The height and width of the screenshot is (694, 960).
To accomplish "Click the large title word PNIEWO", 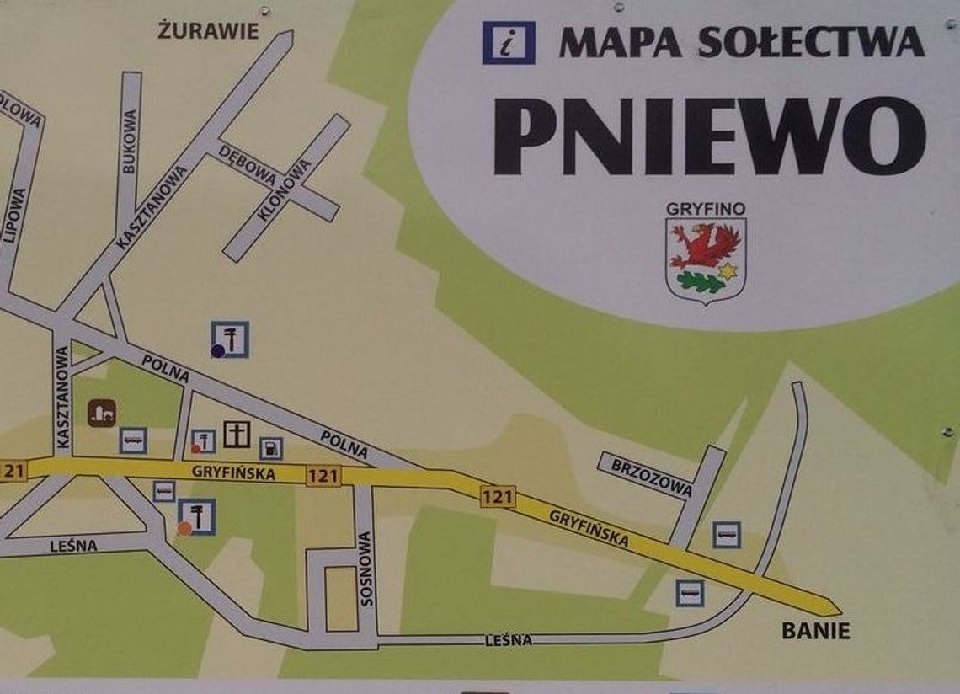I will [709, 135].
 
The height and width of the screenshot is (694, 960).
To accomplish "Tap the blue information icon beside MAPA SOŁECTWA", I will [508, 43].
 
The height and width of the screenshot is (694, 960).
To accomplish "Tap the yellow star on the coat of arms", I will [727, 271].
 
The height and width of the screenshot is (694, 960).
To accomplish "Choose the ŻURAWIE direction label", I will [208, 32].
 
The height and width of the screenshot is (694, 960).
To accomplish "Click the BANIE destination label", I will [815, 630].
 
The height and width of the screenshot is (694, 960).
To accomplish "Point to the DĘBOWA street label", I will [248, 166].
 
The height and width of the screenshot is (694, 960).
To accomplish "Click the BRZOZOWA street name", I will [652, 478].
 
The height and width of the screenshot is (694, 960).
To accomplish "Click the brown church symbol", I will [102, 412].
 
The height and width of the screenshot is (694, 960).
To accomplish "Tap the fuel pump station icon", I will [270, 448].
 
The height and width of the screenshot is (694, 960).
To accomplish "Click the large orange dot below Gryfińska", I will [184, 529].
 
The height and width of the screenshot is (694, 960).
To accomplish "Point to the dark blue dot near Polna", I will [217, 351].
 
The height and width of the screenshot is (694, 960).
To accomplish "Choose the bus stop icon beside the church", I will [133, 440].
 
